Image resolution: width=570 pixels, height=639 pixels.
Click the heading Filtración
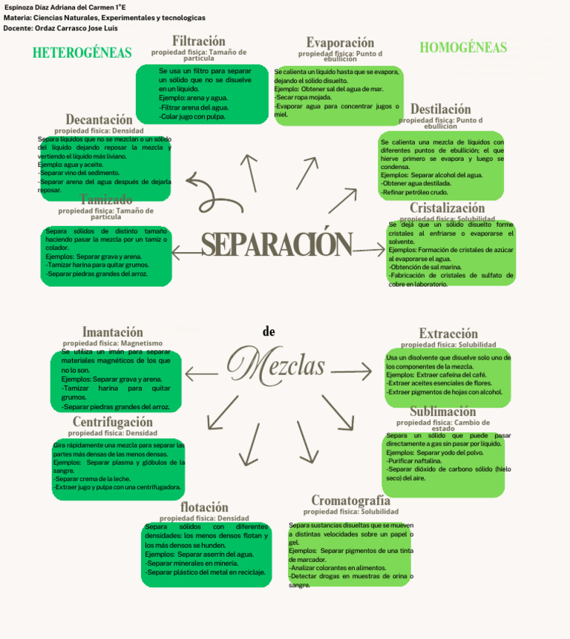(x=198, y=41)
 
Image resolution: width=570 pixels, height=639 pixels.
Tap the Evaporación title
(x=340, y=43)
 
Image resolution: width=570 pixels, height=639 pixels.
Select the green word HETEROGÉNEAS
(x=82, y=53)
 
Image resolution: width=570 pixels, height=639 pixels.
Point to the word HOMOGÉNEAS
(x=463, y=48)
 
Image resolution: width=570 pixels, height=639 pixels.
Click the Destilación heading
(x=440, y=110)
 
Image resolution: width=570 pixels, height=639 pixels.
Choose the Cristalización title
(x=447, y=208)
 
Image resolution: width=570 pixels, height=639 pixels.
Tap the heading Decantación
(x=99, y=119)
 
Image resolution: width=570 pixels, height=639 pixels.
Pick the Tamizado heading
(x=105, y=199)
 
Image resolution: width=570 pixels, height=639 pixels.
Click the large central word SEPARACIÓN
(x=276, y=245)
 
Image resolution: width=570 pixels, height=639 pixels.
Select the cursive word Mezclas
(x=276, y=365)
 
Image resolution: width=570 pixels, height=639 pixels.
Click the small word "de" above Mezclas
(x=269, y=331)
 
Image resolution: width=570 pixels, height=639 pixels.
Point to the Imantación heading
(x=112, y=332)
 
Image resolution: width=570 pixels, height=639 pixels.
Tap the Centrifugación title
(x=112, y=422)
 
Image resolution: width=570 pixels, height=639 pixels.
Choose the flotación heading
(x=204, y=508)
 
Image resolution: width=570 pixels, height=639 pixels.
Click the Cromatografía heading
(x=350, y=500)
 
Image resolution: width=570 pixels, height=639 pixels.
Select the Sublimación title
(x=442, y=411)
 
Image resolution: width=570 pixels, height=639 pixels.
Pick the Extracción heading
(x=448, y=334)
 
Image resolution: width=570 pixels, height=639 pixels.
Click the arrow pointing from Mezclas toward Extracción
(x=351, y=369)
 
